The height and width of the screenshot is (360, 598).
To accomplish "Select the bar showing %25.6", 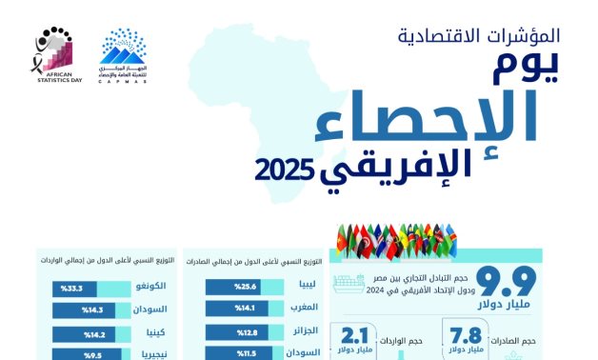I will [x=233, y=286].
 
